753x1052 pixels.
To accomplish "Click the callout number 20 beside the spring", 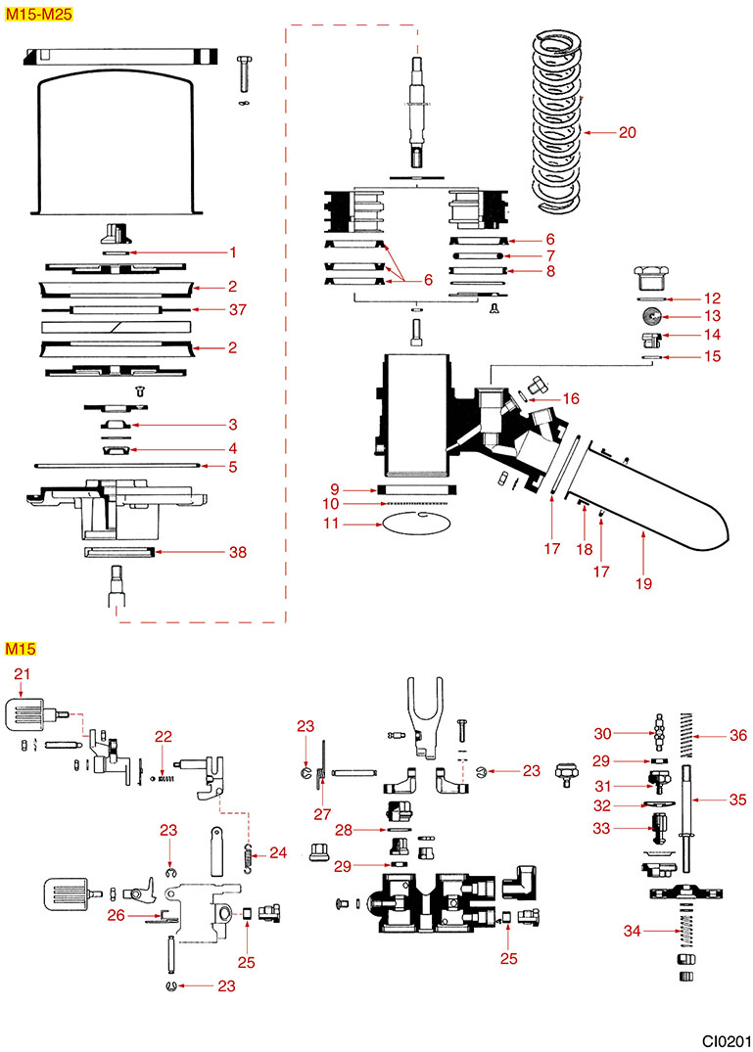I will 628,131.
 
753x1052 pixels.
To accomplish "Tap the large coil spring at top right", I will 557,117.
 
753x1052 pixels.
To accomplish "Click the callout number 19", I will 643,584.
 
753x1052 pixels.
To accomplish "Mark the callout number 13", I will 712,316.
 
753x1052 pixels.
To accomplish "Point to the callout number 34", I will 633,931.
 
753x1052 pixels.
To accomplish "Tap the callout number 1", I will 234,252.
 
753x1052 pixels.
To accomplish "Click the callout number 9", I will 334,488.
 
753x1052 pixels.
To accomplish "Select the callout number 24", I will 278,853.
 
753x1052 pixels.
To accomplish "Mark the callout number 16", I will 571,398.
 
